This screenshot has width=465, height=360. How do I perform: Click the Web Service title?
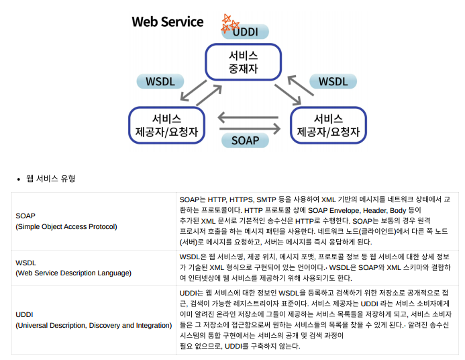click(x=167, y=21)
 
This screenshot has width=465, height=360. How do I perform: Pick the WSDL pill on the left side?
click(x=160, y=81)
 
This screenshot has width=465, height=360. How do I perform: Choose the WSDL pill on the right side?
click(x=332, y=81)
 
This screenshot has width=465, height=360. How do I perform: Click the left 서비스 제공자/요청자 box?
click(x=166, y=124)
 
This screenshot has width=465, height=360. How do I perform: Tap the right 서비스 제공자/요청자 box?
click(x=329, y=124)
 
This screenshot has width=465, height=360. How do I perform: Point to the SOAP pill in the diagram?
click(x=245, y=140)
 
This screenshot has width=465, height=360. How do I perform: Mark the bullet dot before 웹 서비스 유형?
click(x=19, y=179)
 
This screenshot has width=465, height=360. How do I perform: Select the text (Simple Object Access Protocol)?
click(x=66, y=226)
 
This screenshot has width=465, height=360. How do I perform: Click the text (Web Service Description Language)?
click(x=73, y=273)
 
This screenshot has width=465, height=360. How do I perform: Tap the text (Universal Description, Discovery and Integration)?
click(x=93, y=325)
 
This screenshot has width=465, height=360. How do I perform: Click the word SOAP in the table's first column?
click(x=25, y=216)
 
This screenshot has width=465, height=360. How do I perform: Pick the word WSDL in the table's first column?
click(x=25, y=263)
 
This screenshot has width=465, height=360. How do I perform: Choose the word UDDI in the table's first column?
click(x=25, y=314)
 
